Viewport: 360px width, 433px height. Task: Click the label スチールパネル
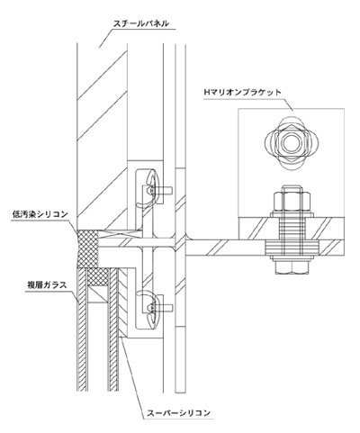click(140, 23)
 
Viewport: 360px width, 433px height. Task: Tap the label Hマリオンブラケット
click(242, 92)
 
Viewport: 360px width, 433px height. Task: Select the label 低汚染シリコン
click(40, 214)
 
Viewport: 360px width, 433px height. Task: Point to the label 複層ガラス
click(47, 285)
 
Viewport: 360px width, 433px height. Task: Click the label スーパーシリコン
click(178, 413)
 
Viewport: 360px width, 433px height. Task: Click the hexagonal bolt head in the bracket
click(291, 142)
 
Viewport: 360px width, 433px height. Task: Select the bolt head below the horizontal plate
click(292, 266)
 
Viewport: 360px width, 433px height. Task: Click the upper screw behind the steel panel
click(159, 190)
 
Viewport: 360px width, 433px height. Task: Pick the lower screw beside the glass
click(159, 308)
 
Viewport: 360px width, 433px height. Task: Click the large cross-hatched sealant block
click(87, 249)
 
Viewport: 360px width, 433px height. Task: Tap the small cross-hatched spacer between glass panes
click(97, 277)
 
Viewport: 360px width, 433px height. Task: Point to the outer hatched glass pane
click(83, 329)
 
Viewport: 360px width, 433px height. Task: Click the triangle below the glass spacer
click(99, 294)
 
